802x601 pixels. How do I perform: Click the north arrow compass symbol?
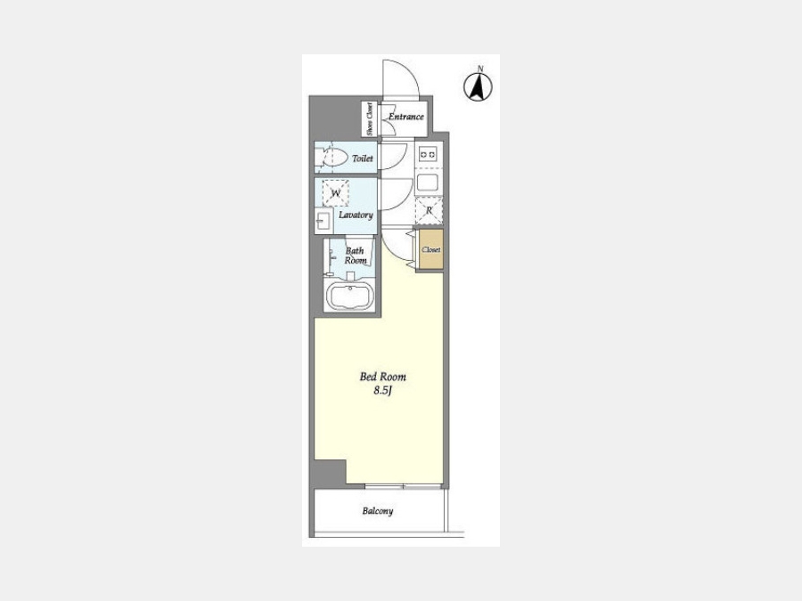pyautogui.click(x=478, y=86)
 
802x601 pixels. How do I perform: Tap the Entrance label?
pyautogui.click(x=406, y=117)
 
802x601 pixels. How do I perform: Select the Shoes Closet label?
pyautogui.click(x=369, y=119)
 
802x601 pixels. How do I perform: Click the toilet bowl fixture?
pyautogui.click(x=331, y=157)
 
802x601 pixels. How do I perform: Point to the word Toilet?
pyautogui.click(x=362, y=158)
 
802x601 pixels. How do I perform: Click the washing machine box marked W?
pyautogui.click(x=336, y=192)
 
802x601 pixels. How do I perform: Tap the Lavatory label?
pyautogui.click(x=356, y=215)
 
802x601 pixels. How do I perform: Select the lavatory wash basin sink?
pyautogui.click(x=323, y=221)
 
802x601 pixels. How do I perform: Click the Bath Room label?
pyautogui.click(x=355, y=256)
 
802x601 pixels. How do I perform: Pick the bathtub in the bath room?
pyautogui.click(x=350, y=296)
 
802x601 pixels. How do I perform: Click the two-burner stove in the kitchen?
pyautogui.click(x=428, y=153)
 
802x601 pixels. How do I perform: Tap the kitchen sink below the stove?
pyautogui.click(x=427, y=182)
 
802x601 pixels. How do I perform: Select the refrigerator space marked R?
pyautogui.click(x=429, y=210)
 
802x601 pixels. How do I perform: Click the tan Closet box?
pyautogui.click(x=430, y=249)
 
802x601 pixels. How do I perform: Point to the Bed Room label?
pyautogui.click(x=383, y=378)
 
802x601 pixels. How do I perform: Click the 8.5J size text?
pyautogui.click(x=382, y=392)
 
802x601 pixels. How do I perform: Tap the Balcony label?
pyautogui.click(x=378, y=510)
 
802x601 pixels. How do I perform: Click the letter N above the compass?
pyautogui.click(x=480, y=68)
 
